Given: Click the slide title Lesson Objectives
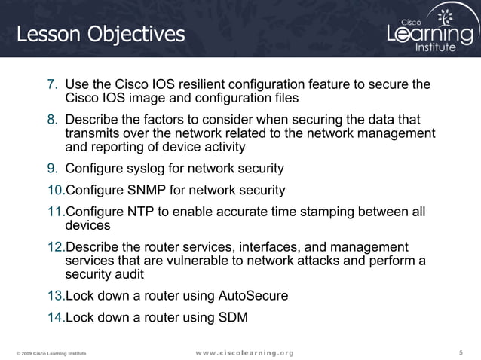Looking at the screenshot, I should [x=100, y=34].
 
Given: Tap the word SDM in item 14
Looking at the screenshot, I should [x=232, y=317].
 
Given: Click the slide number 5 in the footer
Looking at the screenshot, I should [x=460, y=352].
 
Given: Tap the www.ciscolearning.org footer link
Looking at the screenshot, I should [x=244, y=352].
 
